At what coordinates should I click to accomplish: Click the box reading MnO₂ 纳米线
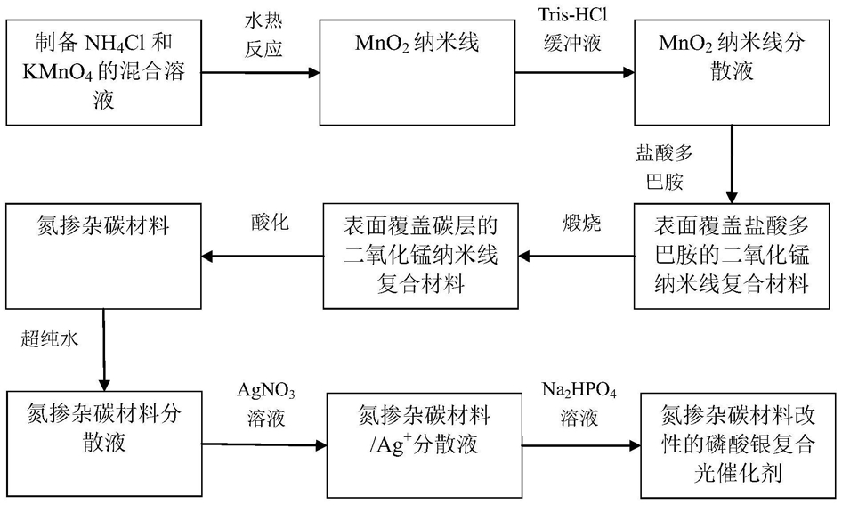(417, 72)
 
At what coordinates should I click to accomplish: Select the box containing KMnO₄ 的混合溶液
(103, 72)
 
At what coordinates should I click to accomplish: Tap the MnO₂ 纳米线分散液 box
(732, 72)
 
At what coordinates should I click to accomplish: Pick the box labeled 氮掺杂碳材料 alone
(103, 257)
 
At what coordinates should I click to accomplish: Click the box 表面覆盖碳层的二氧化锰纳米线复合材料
(420, 257)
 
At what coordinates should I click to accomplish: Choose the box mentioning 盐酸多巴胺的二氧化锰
(732, 257)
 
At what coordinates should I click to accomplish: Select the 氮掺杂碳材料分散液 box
(103, 444)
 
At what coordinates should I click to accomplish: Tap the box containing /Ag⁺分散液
(425, 445)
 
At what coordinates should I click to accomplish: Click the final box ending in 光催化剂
(739, 445)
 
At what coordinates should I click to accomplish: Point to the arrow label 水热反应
(263, 36)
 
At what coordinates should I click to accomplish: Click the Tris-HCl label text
(572, 14)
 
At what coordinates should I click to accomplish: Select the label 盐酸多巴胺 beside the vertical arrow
(664, 167)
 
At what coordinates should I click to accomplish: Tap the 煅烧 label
(581, 223)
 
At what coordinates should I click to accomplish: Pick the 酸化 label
(270, 222)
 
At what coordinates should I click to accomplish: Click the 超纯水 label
(50, 338)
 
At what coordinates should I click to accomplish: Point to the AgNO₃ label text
(266, 391)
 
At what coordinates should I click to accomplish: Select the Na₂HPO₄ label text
(579, 391)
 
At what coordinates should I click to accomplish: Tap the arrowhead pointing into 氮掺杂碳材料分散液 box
(104, 385)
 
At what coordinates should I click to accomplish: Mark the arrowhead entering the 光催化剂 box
(635, 445)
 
